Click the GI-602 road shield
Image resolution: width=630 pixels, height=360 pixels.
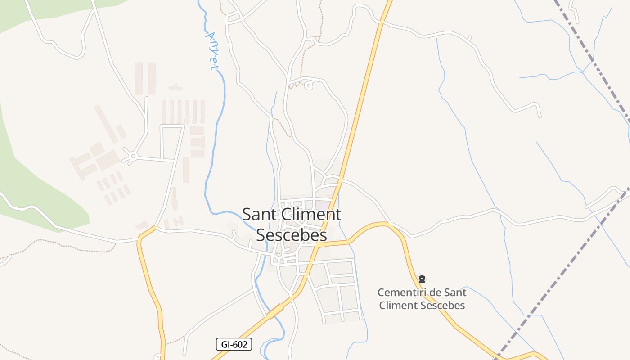click(234, 345)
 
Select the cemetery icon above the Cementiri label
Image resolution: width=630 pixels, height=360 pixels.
click(422, 279)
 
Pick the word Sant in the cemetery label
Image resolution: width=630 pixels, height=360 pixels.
click(455, 292)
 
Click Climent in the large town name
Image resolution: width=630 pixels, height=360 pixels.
click(313, 214)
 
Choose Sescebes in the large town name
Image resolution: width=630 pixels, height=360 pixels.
click(292, 235)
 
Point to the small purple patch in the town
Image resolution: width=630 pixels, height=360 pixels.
click(324, 206)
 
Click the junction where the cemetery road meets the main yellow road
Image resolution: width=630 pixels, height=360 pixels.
click(319, 245)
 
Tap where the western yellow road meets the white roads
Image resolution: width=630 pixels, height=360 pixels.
click(155, 227)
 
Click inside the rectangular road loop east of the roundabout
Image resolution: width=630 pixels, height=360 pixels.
click(168, 143)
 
